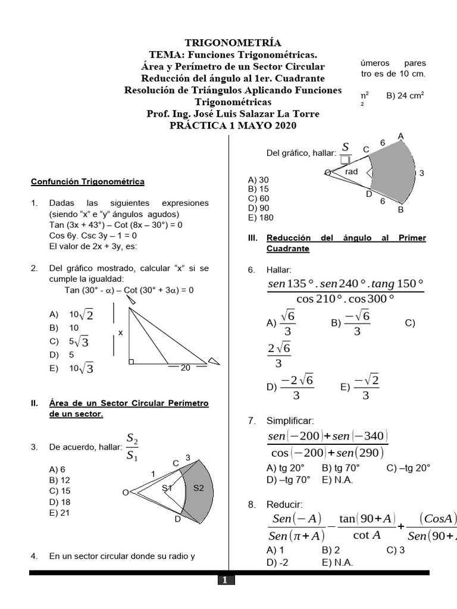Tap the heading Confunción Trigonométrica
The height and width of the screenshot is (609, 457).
87,181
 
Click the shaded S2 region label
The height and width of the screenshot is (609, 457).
199,488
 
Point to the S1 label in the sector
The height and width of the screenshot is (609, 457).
167,488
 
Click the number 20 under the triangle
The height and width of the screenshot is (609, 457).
185,368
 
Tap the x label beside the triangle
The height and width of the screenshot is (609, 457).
120,333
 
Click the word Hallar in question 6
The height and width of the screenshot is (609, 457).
277,270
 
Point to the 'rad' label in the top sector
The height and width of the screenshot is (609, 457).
352,171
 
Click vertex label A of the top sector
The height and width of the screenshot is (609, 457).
401,136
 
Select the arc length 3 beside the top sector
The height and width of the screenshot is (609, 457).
421,173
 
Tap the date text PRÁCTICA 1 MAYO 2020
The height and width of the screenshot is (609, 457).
233,125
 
